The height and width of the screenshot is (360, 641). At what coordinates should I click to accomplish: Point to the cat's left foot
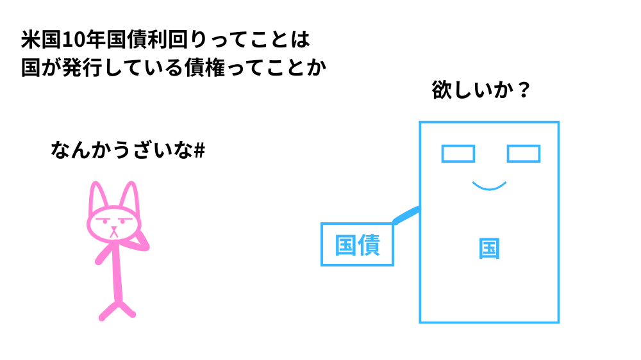104,315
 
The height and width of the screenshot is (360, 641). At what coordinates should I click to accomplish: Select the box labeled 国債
357,244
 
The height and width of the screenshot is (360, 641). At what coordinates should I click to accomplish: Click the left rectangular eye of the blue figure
458,154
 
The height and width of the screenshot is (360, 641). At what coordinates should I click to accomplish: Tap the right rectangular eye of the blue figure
523,154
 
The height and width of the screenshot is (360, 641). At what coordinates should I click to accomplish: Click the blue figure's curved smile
489,187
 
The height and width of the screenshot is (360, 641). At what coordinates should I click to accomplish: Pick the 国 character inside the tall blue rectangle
489,249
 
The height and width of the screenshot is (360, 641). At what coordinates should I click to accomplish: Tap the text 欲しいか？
481,90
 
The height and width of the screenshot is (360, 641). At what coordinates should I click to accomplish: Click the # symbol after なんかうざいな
199,151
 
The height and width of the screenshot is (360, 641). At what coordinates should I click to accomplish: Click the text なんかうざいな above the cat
121,151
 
